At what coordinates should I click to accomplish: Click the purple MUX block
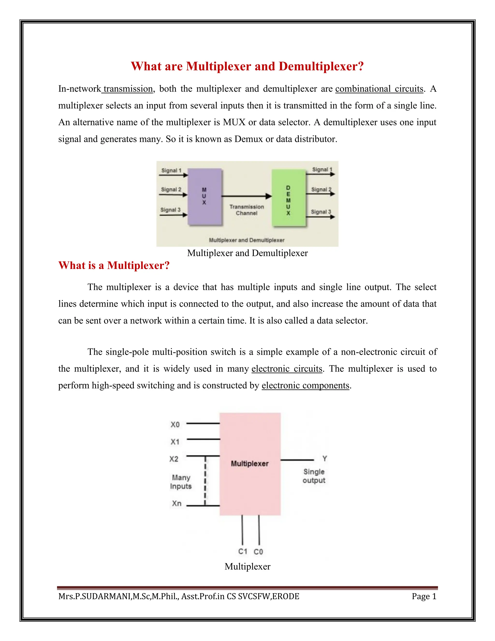point(204,196)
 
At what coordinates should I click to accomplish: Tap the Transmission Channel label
point(247,210)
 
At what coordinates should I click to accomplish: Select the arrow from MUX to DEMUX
point(246,196)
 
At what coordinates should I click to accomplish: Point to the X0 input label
point(175,425)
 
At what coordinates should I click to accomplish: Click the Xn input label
point(176,503)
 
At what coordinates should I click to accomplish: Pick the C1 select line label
point(242,552)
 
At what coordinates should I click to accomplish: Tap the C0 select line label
point(258,552)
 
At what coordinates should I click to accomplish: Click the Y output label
point(325,458)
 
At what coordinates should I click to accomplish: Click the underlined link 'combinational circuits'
point(379,89)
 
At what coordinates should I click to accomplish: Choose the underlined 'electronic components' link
point(305,385)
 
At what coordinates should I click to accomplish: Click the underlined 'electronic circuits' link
point(287,368)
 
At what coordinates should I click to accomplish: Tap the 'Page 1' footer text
point(424,596)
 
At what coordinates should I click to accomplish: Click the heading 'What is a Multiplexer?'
point(114,265)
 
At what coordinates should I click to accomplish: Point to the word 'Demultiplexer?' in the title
point(321,66)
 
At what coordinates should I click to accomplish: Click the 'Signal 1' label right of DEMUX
point(322,169)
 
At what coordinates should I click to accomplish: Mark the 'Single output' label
point(314,476)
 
